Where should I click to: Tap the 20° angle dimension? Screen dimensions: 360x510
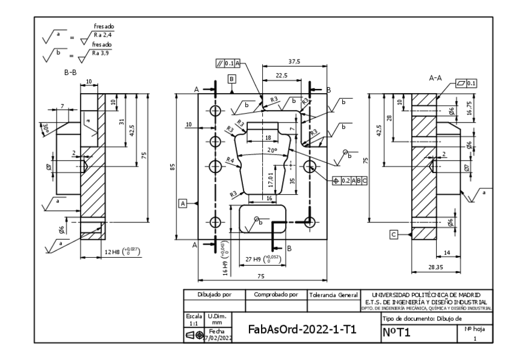271,150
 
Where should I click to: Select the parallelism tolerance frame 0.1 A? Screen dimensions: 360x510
227,63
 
